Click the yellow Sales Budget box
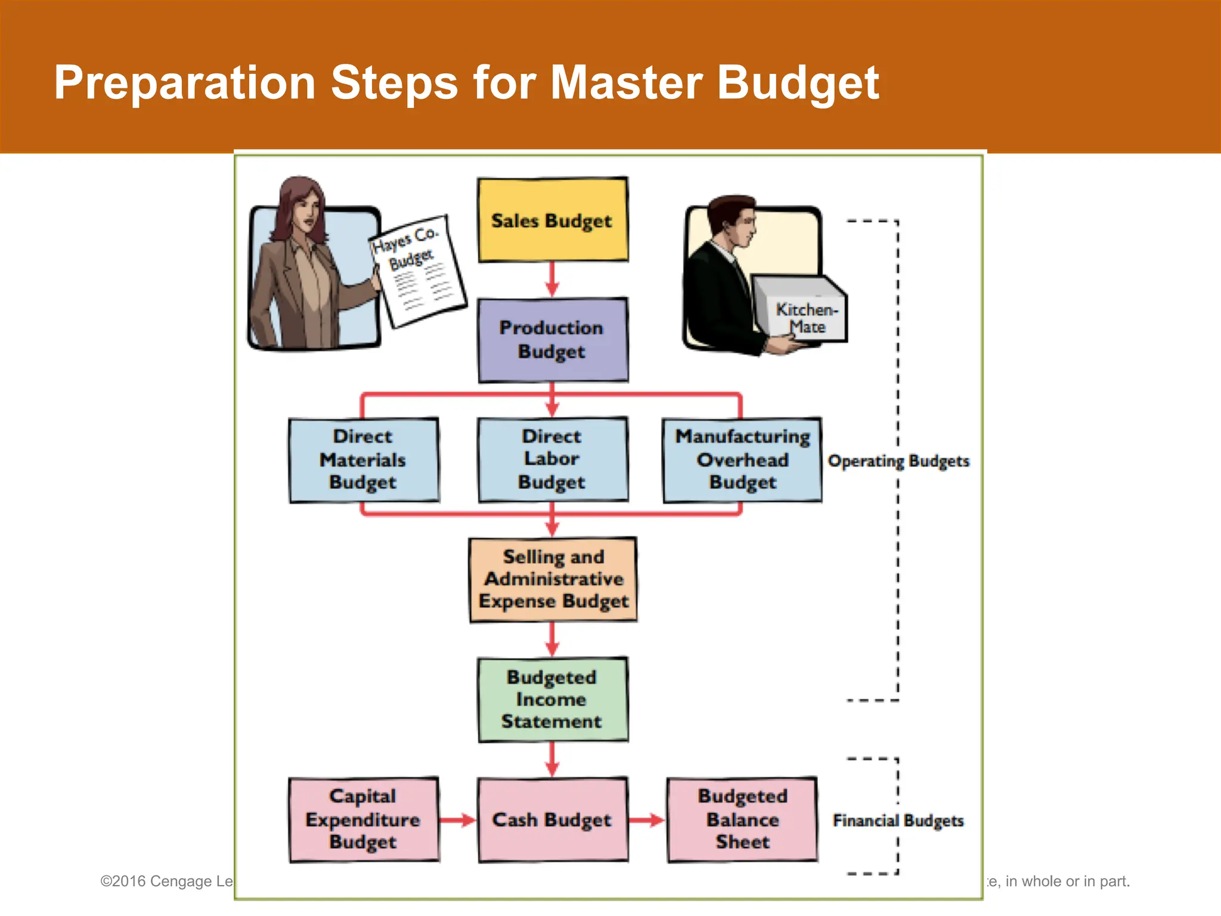[552, 220]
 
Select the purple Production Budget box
[552, 340]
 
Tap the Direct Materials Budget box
[363, 460]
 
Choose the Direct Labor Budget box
[552, 460]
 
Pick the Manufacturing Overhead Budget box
[742, 460]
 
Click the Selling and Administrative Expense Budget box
[553, 580]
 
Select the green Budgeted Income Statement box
[552, 700]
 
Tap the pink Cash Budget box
[552, 820]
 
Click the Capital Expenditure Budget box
[363, 820]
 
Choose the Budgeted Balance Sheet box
[742, 820]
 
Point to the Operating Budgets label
[898, 461]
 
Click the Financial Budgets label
[898, 821]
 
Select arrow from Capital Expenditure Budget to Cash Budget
[458, 821]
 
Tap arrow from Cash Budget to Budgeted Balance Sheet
[647, 821]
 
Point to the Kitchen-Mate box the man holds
[802, 310]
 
